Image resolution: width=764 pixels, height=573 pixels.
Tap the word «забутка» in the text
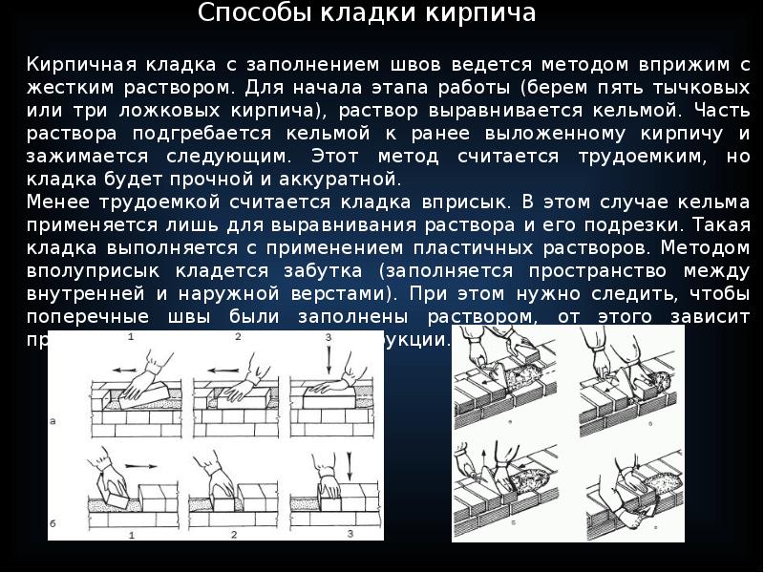(x=316, y=270)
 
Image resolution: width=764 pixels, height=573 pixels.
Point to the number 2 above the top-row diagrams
(x=234, y=338)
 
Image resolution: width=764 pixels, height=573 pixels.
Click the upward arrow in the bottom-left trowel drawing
(x=485, y=456)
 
